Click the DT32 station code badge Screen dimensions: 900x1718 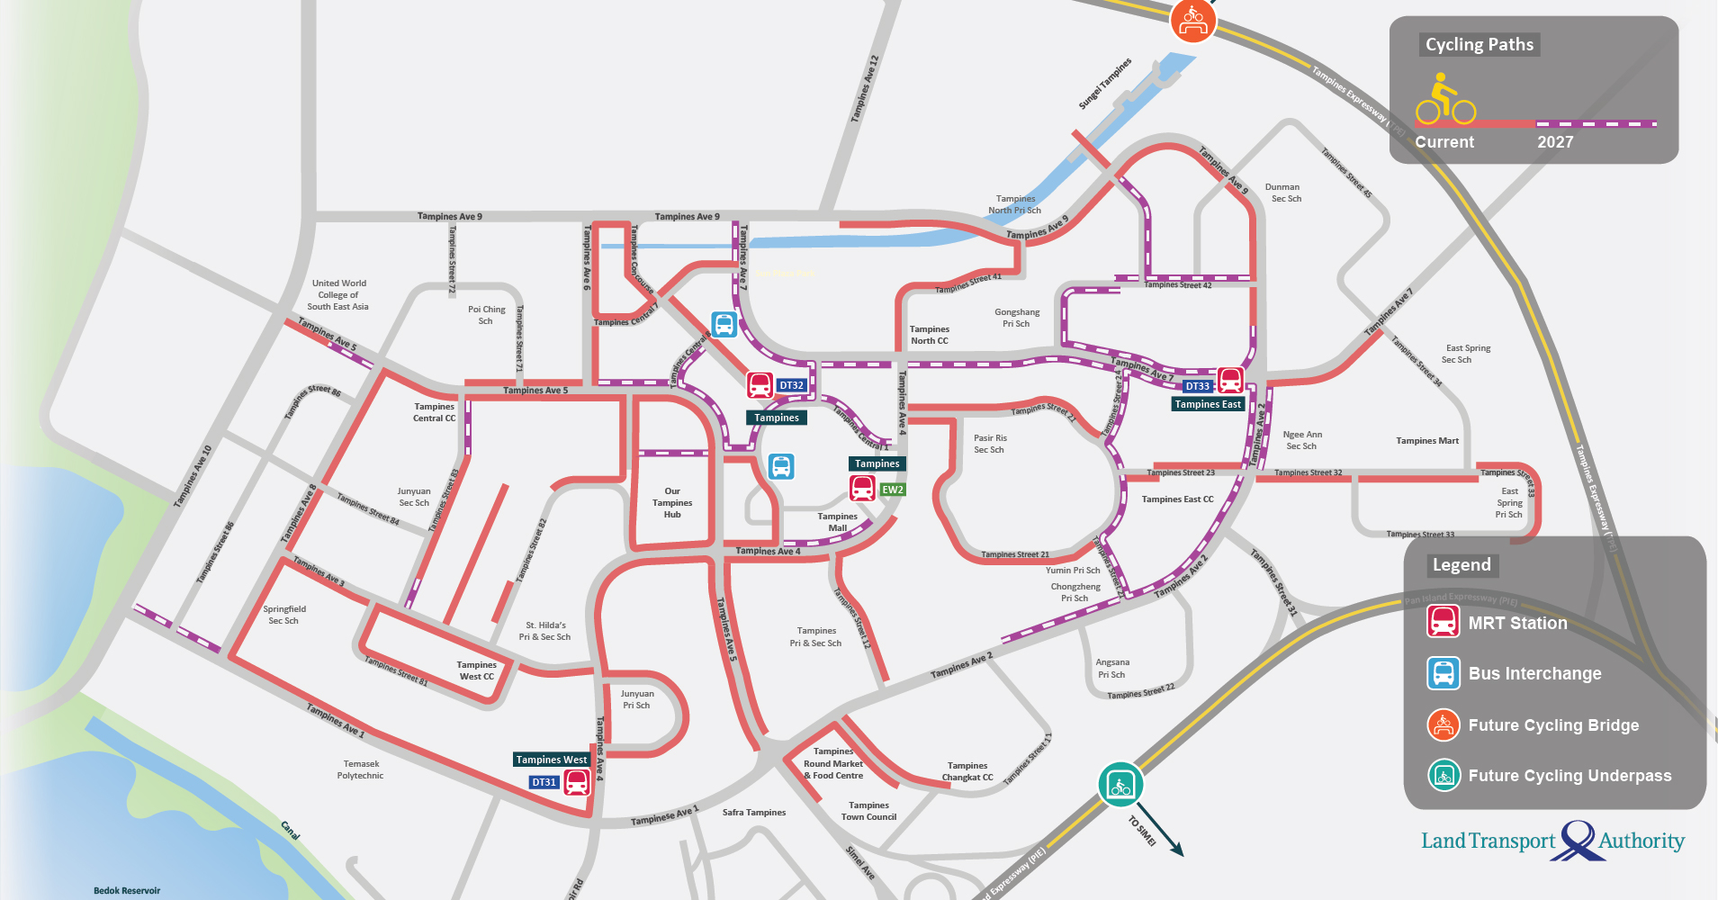coord(791,385)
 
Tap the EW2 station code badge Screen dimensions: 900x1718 coord(892,490)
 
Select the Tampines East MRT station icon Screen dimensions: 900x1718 coord(1230,380)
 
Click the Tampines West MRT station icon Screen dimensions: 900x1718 coord(577,782)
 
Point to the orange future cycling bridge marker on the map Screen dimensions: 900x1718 coord(1193,20)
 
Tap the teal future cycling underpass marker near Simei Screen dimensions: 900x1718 coord(1120,784)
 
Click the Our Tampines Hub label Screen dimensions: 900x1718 coord(672,503)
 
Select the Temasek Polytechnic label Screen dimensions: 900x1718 coord(360,769)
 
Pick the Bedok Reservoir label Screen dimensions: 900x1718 coord(127,890)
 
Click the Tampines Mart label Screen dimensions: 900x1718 coord(1427,441)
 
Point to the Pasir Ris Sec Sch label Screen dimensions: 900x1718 coord(989,444)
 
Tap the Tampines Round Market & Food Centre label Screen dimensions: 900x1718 coord(833,763)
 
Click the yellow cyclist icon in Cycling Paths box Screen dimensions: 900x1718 coord(1444,101)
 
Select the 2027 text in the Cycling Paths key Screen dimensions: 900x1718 coord(1555,142)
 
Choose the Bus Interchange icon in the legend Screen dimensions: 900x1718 coord(1444,673)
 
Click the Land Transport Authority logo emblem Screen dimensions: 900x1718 coord(1578,841)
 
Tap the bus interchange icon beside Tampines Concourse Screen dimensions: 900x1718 coord(724,324)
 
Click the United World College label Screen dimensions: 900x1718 coord(338,294)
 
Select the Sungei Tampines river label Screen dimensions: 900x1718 coord(1104,84)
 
